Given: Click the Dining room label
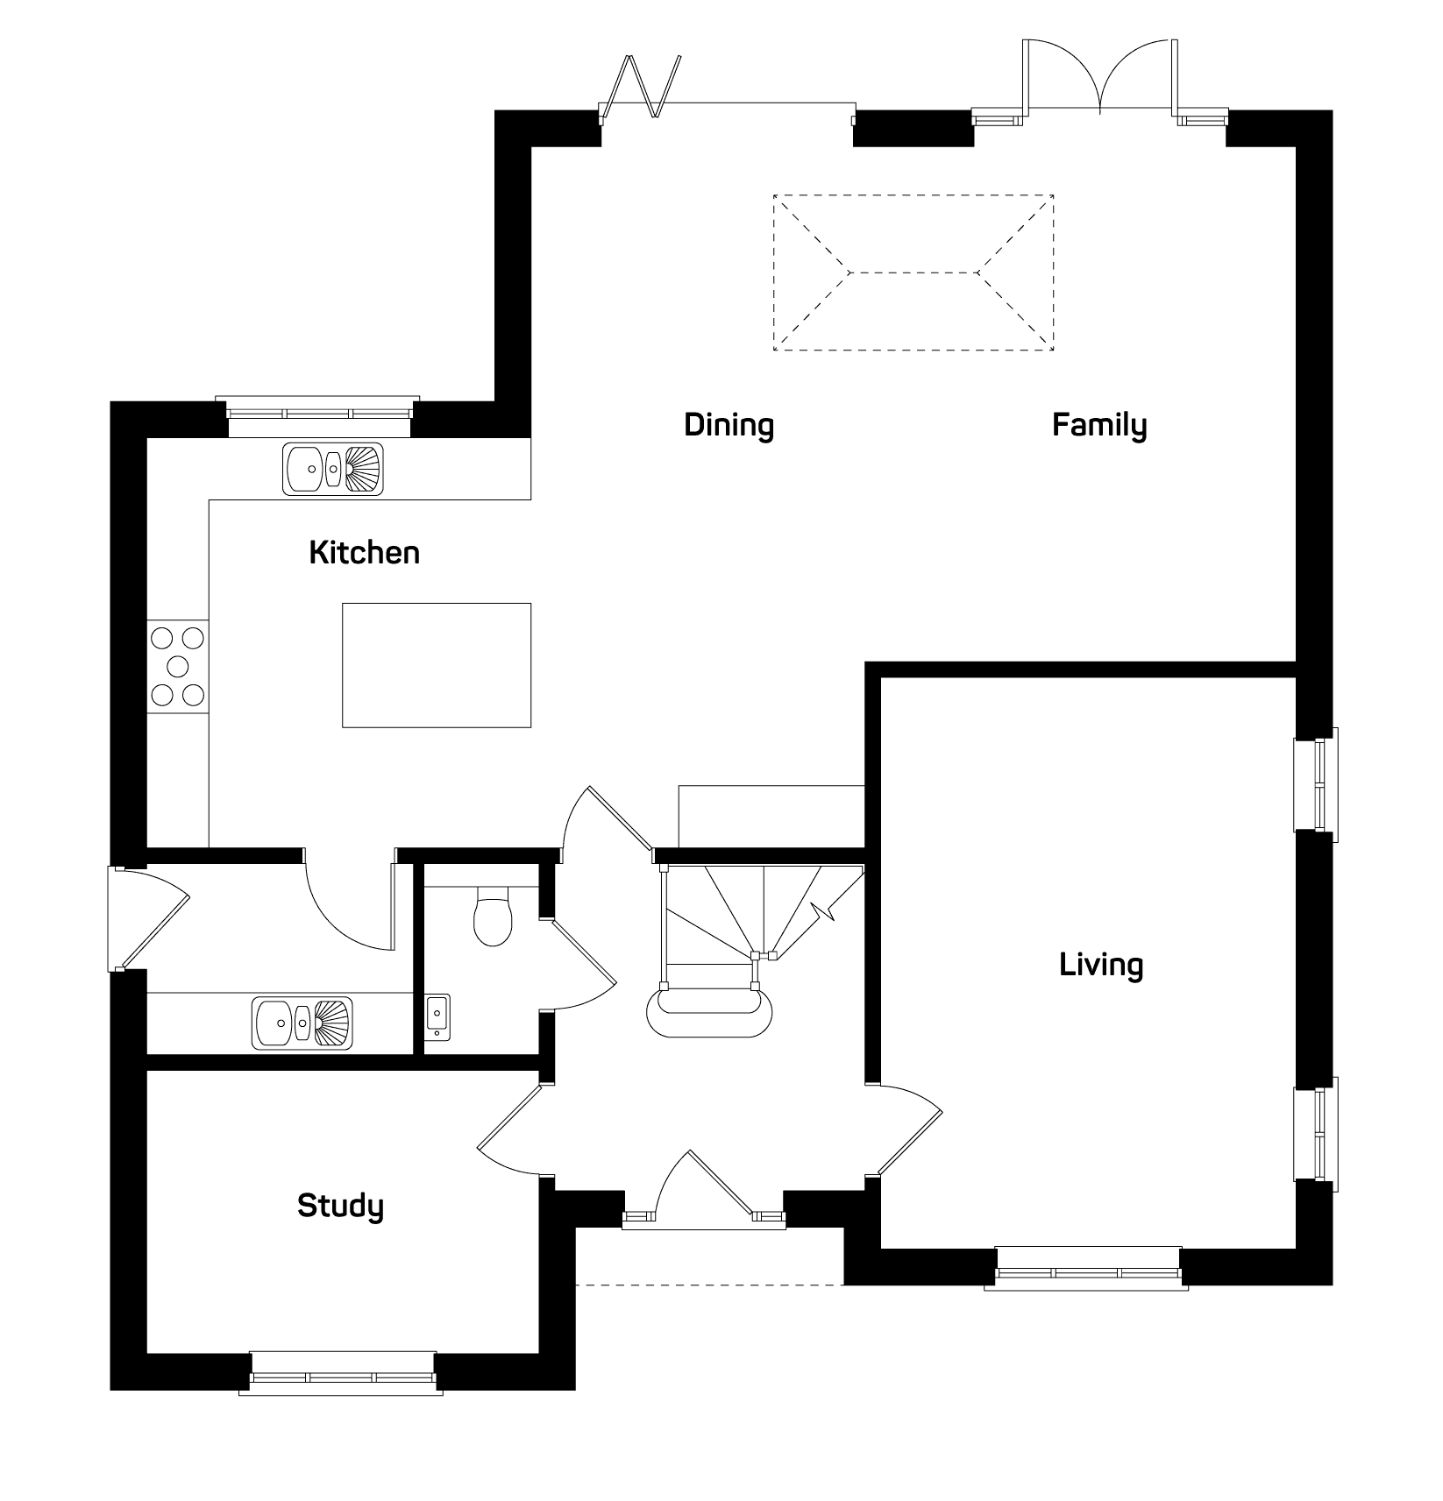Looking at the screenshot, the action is pyautogui.click(x=729, y=425).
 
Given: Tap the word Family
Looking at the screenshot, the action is pyautogui.click(x=1099, y=426).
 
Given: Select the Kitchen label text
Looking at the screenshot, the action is pyautogui.click(x=365, y=553).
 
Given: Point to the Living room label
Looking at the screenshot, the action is pyautogui.click(x=1101, y=966).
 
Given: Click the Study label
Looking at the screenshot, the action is pyautogui.click(x=340, y=1207).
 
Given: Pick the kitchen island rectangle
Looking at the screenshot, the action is pyautogui.click(x=437, y=665).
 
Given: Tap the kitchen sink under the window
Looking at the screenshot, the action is pyautogui.click(x=333, y=468).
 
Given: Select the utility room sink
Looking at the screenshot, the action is pyautogui.click(x=302, y=1023).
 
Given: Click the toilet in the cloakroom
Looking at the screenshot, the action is pyautogui.click(x=492, y=916).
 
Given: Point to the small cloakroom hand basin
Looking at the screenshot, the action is pyautogui.click(x=437, y=1017).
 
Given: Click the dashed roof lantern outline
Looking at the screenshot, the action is pyautogui.click(x=913, y=273).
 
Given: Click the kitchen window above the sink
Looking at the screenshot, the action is pyautogui.click(x=317, y=417).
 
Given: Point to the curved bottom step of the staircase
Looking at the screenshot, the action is pyautogui.click(x=710, y=1015).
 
